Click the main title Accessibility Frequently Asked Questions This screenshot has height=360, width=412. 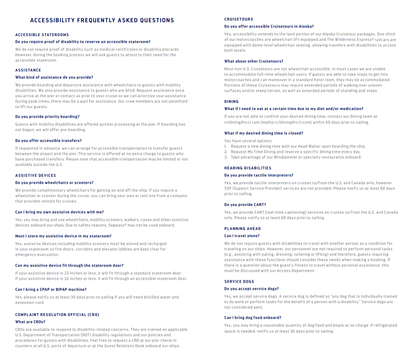click(x=102, y=21)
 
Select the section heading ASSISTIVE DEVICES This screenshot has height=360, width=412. click(x=35, y=175)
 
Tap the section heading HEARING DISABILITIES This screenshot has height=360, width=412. click(x=248, y=168)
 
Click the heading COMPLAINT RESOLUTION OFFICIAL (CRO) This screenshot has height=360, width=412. click(x=57, y=314)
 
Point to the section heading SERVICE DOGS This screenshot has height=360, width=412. click(x=239, y=281)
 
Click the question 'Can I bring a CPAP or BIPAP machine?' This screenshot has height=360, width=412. click(x=51, y=289)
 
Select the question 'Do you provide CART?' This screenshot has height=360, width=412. click(x=245, y=205)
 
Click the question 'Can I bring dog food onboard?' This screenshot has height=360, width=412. click(x=253, y=318)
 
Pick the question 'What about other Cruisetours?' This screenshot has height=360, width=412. click(x=253, y=61)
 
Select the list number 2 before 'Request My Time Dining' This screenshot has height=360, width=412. click(x=226, y=152)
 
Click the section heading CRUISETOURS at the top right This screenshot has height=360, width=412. click(x=238, y=19)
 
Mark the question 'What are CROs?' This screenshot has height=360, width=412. click(x=30, y=322)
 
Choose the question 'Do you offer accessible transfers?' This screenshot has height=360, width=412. click(x=48, y=141)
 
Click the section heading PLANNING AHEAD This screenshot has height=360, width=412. click(x=242, y=229)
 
